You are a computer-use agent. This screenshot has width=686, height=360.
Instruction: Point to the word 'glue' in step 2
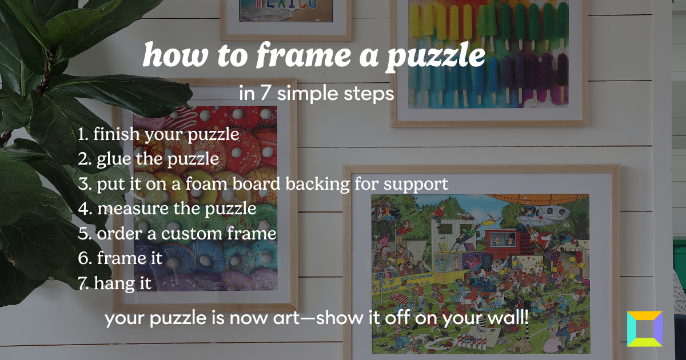(114, 159)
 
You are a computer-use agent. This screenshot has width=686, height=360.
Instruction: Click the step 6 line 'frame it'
(121, 258)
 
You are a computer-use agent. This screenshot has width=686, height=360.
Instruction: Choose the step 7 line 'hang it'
(115, 283)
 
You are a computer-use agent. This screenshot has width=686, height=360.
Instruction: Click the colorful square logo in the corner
(644, 329)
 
